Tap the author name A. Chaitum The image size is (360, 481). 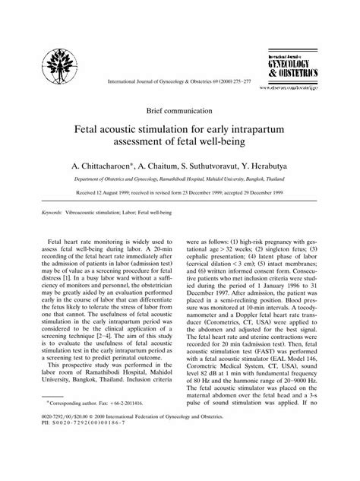[x=166, y=164]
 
